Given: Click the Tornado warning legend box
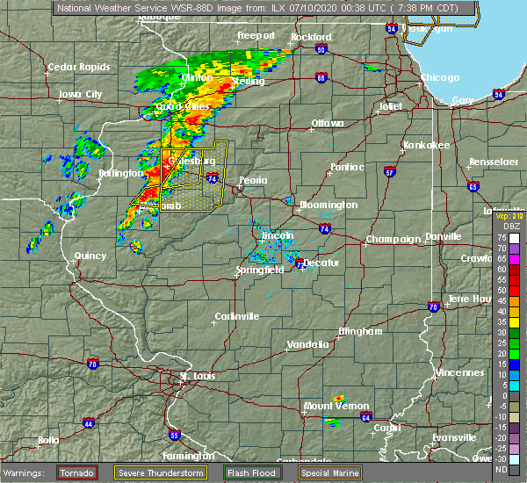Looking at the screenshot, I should point(76,472).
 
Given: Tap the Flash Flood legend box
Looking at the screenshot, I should point(251,472).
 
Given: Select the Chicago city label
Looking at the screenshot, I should point(440,78).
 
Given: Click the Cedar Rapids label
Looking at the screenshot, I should point(79,67).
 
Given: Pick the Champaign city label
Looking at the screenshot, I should point(386,239).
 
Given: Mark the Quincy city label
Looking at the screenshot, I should point(90,256).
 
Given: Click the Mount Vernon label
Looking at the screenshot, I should point(330,406).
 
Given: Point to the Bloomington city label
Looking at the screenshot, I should point(328,205).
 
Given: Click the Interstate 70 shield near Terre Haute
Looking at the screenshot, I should point(434,306).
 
